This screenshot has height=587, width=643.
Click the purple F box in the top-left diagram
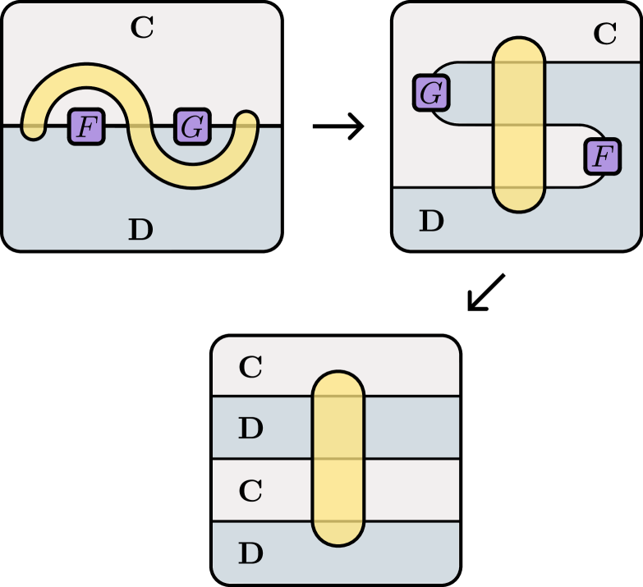coord(86,126)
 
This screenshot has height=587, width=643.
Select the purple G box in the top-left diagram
coord(191,126)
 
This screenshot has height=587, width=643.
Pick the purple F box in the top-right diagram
coord(602,156)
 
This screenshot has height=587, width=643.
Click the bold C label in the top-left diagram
coord(142,28)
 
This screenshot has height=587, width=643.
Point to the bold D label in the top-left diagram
coord(140,230)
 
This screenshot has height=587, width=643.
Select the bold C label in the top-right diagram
coord(604,34)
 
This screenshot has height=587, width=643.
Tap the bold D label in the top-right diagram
coord(432,221)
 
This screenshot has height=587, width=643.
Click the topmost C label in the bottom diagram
coord(250,368)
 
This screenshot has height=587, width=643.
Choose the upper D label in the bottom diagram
coord(250,429)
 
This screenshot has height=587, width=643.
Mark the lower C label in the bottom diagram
coord(250,491)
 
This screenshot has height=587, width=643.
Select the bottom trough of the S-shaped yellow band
coord(191,176)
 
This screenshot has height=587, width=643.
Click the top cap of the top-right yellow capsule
coord(519,49)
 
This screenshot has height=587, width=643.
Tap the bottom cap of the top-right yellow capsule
coord(519,201)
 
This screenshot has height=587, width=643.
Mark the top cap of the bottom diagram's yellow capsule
coord(338,384)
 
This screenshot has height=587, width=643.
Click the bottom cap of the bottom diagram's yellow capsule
coord(338,534)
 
